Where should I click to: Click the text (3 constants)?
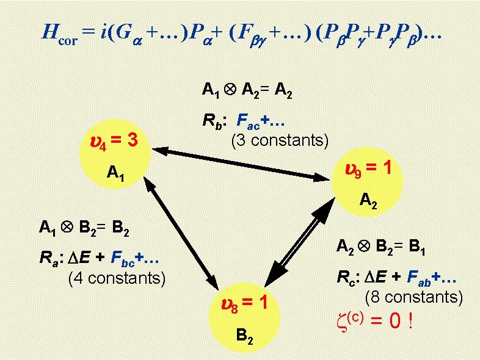pos(279,141)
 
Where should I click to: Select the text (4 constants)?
pos(117,279)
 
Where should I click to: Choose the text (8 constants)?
pos(413,297)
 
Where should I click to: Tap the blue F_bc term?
pos(121,260)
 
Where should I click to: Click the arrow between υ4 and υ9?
pos(241,163)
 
